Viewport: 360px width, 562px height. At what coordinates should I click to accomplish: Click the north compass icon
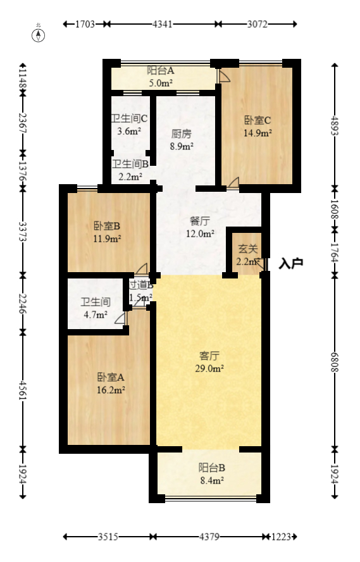[x=39, y=34]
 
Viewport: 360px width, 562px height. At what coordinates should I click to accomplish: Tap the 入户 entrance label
[x=291, y=262]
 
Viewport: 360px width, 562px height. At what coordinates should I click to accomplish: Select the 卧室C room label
[x=258, y=120]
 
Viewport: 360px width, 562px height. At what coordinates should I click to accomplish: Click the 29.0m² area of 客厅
[x=209, y=368]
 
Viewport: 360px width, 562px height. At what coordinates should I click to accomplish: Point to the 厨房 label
[x=182, y=134]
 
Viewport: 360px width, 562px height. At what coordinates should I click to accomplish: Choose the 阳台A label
[x=161, y=71]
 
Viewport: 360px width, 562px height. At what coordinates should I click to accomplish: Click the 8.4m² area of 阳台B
[x=211, y=480]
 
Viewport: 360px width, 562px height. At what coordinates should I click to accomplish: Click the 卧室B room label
[x=107, y=226]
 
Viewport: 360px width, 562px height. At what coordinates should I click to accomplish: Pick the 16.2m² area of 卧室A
[x=111, y=390]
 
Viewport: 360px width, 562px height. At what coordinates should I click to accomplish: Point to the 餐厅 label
[x=200, y=221]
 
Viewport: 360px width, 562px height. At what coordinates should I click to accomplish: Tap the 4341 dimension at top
[x=163, y=24]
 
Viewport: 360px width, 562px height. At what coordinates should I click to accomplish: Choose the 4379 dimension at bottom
[x=209, y=537]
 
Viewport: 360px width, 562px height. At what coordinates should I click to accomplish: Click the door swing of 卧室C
[x=233, y=183]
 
